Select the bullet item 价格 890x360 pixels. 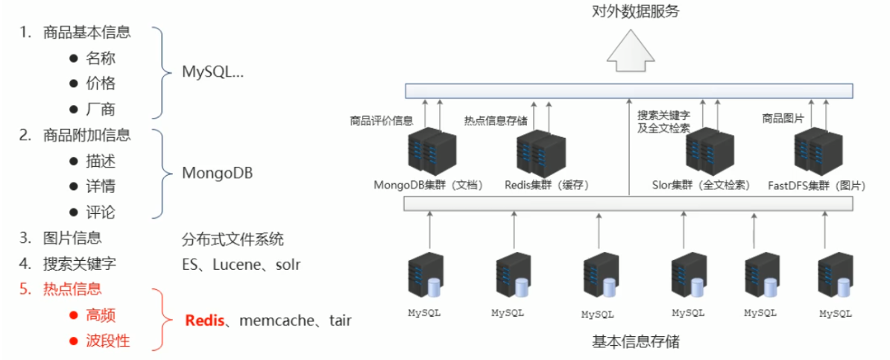(x=101, y=83)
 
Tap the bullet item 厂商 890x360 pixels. (x=101, y=110)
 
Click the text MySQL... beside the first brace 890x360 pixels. (x=213, y=72)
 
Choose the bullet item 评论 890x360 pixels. (x=101, y=212)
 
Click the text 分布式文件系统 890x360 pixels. (x=233, y=240)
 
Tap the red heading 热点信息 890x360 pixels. (x=72, y=289)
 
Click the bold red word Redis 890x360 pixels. (x=204, y=320)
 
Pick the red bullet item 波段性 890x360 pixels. (x=108, y=341)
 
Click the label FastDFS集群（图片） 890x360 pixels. (x=814, y=185)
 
